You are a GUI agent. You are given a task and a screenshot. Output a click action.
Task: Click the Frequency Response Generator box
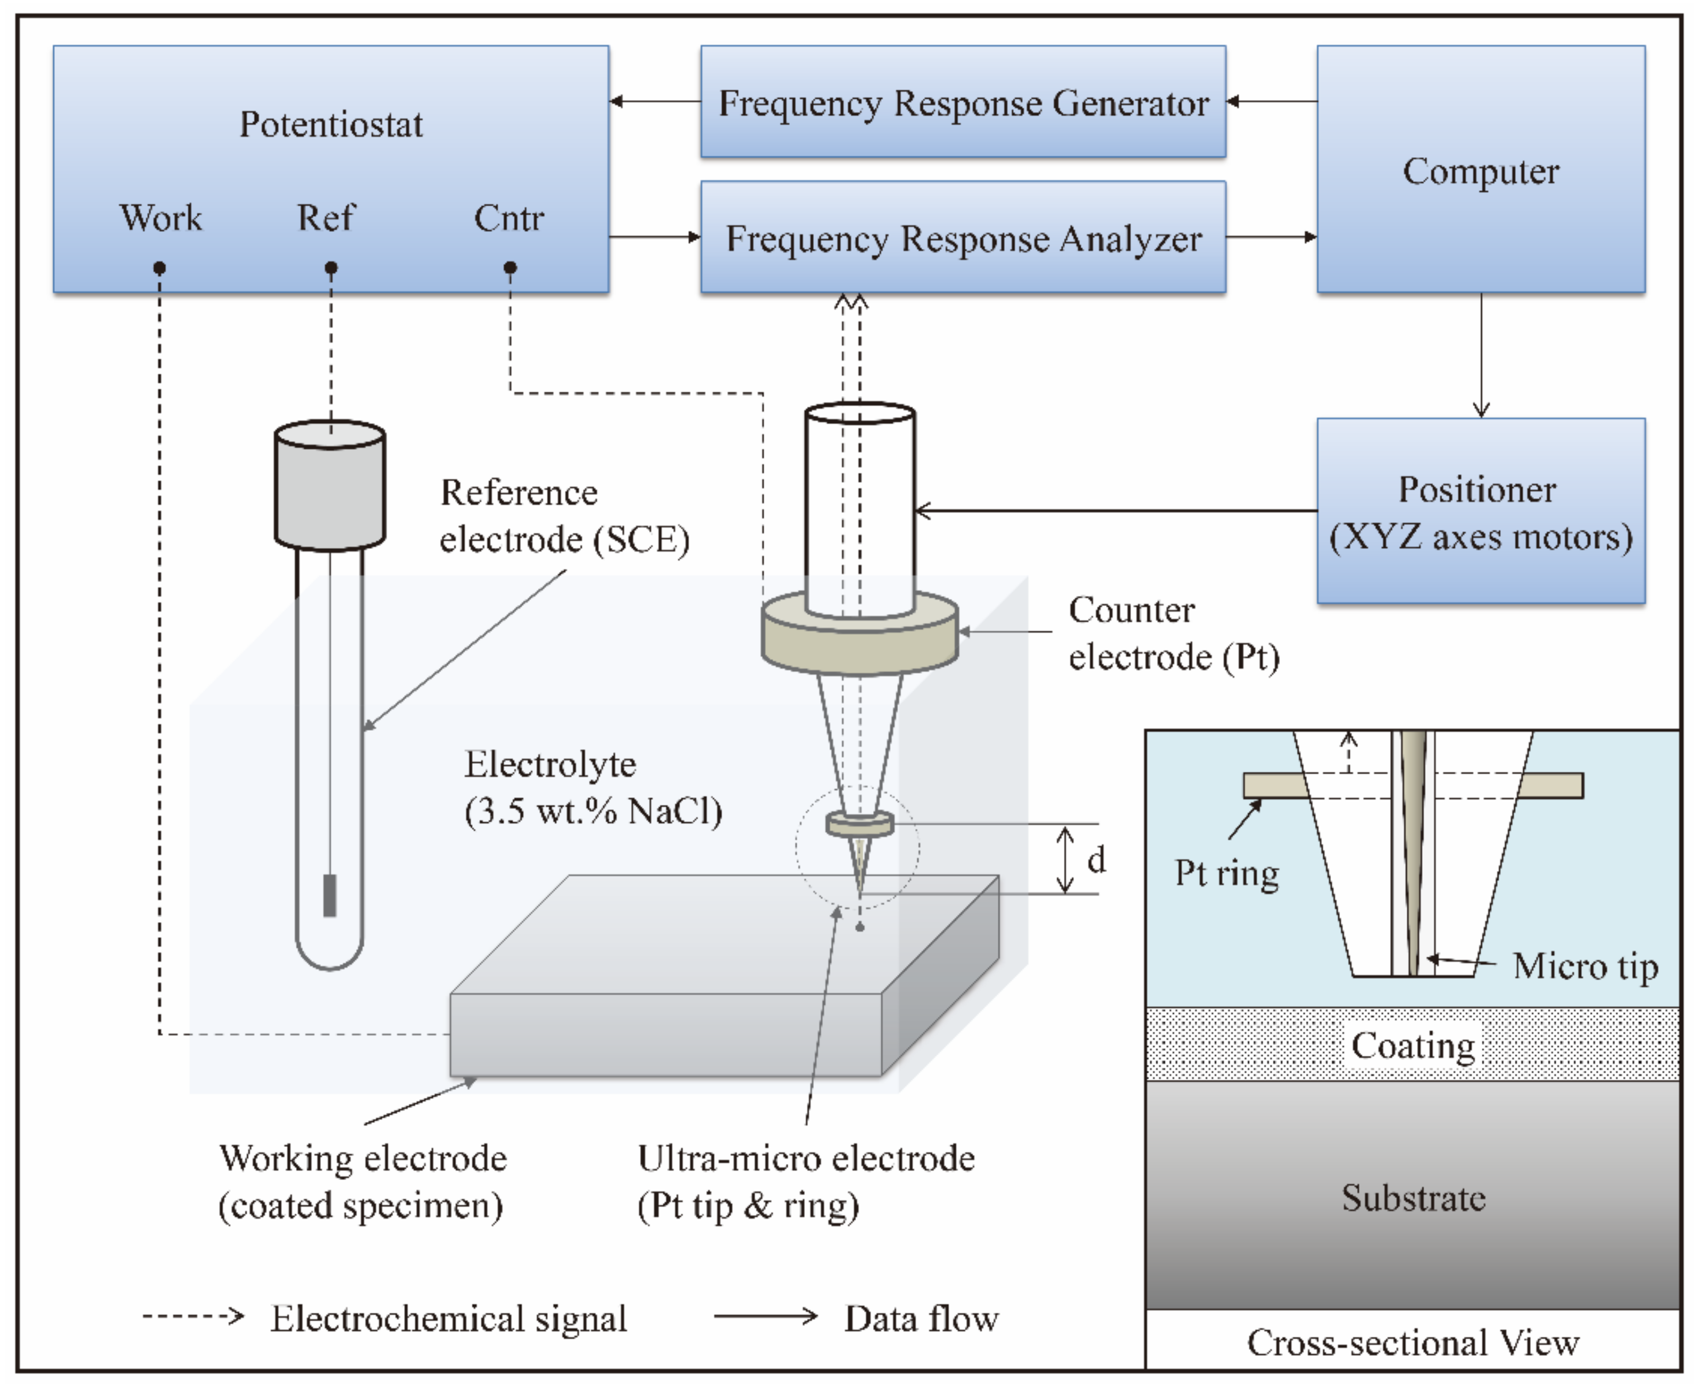click(963, 102)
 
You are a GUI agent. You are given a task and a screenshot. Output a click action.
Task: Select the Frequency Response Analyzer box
click(963, 237)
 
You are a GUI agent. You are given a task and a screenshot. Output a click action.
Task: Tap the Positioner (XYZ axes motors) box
click(1480, 511)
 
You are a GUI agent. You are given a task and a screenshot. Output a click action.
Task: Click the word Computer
click(1480, 171)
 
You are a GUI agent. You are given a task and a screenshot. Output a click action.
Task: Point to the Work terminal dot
click(159, 268)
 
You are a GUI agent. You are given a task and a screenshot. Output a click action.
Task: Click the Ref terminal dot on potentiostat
click(330, 268)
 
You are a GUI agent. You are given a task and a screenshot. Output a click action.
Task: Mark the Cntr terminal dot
click(510, 268)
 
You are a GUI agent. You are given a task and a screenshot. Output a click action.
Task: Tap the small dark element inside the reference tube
click(329, 896)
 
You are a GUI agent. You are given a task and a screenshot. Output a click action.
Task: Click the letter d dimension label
click(1096, 860)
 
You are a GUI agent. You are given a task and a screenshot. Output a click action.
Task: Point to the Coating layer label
click(1413, 1046)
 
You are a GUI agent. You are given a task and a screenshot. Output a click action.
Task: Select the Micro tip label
click(1585, 966)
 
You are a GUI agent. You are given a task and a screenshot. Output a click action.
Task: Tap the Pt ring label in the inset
click(1226, 874)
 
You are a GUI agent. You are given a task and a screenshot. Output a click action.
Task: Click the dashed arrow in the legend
click(192, 1316)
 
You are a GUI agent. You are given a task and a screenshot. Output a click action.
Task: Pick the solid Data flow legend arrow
click(765, 1316)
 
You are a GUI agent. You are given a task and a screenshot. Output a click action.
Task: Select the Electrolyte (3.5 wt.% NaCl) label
click(593, 788)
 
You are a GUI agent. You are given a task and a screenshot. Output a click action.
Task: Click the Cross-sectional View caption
click(1413, 1343)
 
